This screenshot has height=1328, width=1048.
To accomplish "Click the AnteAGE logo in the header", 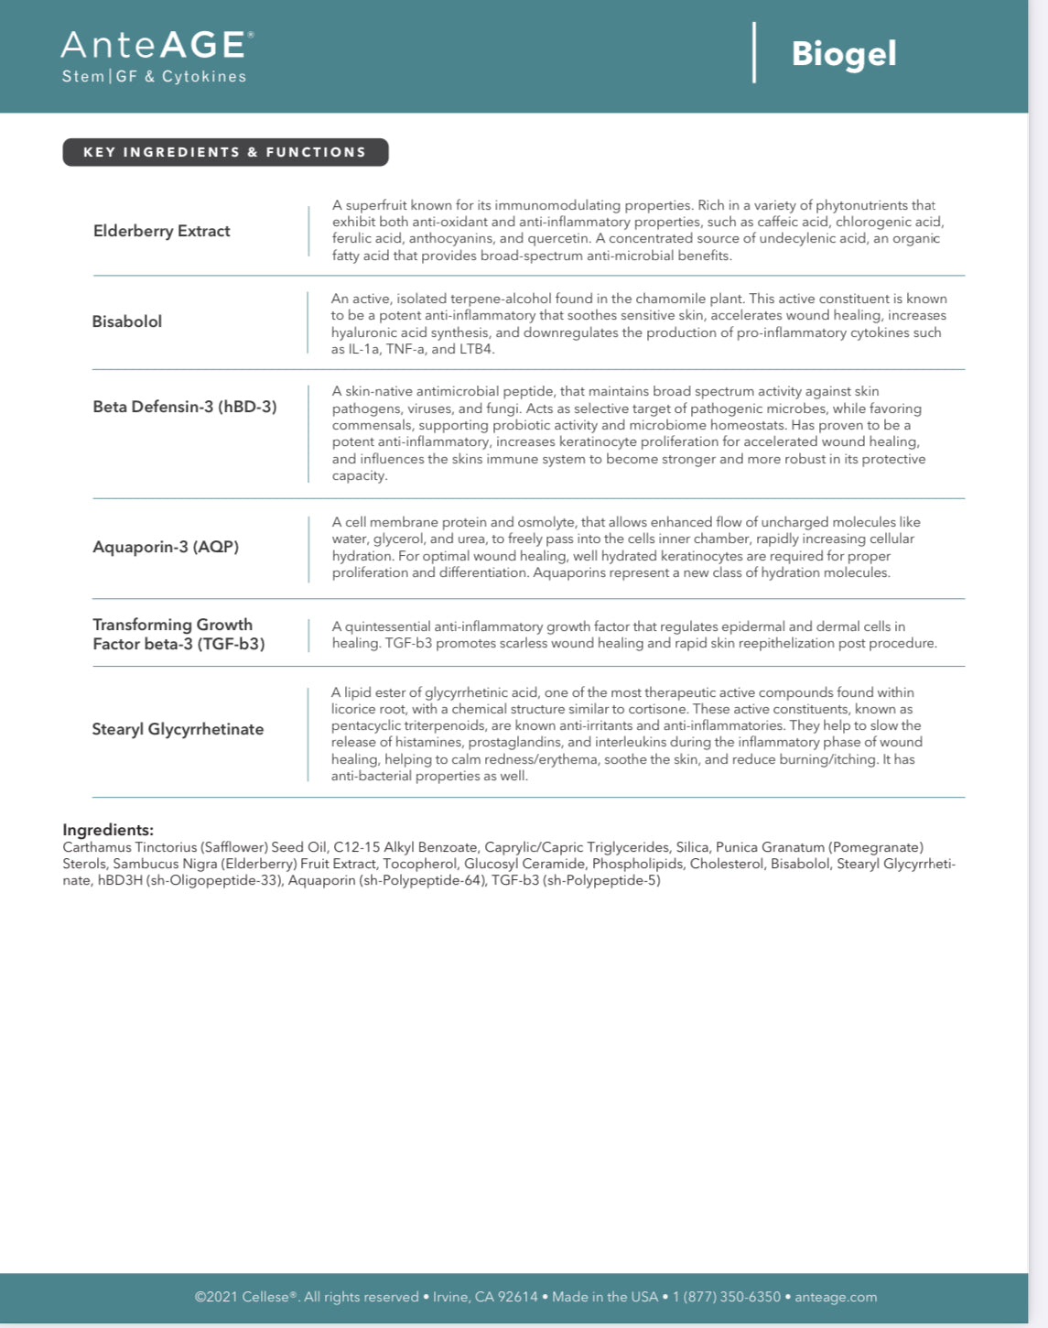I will (157, 45).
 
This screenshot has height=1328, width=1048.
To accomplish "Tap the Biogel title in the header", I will (843, 53).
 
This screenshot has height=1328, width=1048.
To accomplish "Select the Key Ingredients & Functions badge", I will (225, 152).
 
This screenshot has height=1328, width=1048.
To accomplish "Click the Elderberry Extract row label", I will (162, 231).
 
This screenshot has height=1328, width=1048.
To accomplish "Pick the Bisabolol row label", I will (127, 321).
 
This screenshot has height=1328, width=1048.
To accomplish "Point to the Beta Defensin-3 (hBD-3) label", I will (184, 407).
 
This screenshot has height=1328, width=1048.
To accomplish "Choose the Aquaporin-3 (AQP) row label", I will (166, 547).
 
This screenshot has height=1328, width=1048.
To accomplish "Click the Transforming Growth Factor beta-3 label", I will (178, 634).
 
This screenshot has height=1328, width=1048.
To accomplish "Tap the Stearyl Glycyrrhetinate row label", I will (178, 729).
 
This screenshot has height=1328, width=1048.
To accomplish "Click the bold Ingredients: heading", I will (108, 830).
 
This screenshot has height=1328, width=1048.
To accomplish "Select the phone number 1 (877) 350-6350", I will (727, 1297).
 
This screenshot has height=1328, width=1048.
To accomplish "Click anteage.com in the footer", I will (836, 1297).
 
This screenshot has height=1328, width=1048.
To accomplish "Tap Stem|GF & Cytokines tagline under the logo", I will (154, 77).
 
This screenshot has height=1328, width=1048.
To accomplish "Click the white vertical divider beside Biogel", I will (754, 52).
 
